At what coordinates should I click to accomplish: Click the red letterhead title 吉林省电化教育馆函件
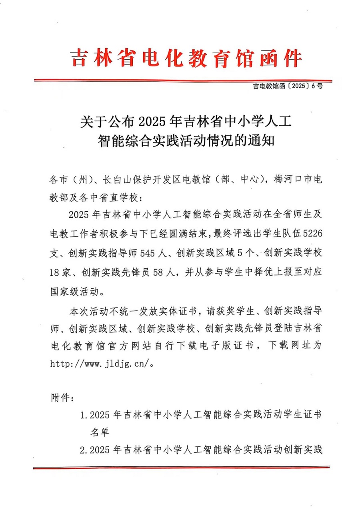coord(186,58)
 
